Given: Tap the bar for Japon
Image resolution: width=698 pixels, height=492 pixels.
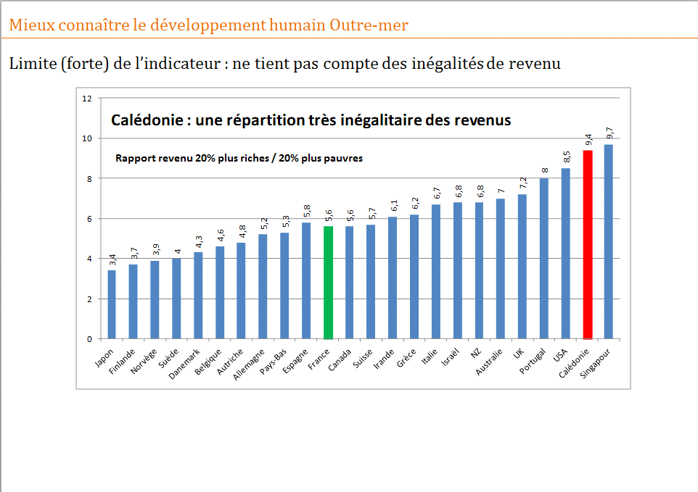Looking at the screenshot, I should click(x=112, y=304).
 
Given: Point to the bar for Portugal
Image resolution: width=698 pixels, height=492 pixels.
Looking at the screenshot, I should click(x=543, y=258).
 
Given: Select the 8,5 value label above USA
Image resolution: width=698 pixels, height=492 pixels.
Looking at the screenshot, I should click(x=566, y=157).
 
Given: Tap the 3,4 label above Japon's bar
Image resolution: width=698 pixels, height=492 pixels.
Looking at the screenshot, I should click(x=112, y=259).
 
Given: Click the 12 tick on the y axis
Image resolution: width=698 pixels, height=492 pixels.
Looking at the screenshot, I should click(x=87, y=98).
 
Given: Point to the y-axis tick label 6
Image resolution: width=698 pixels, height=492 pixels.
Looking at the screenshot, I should click(x=89, y=219).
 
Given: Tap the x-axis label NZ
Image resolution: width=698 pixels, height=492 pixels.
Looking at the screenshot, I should click(x=477, y=353).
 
